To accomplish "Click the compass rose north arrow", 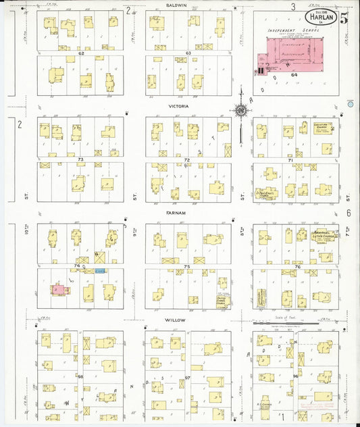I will point(240,109).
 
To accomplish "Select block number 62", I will point(80,52).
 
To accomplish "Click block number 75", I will point(187,267).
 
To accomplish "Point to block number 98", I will point(80,376).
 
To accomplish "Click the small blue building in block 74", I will point(101,270).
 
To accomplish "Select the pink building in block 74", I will point(59,288).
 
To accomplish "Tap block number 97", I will point(187,378).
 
